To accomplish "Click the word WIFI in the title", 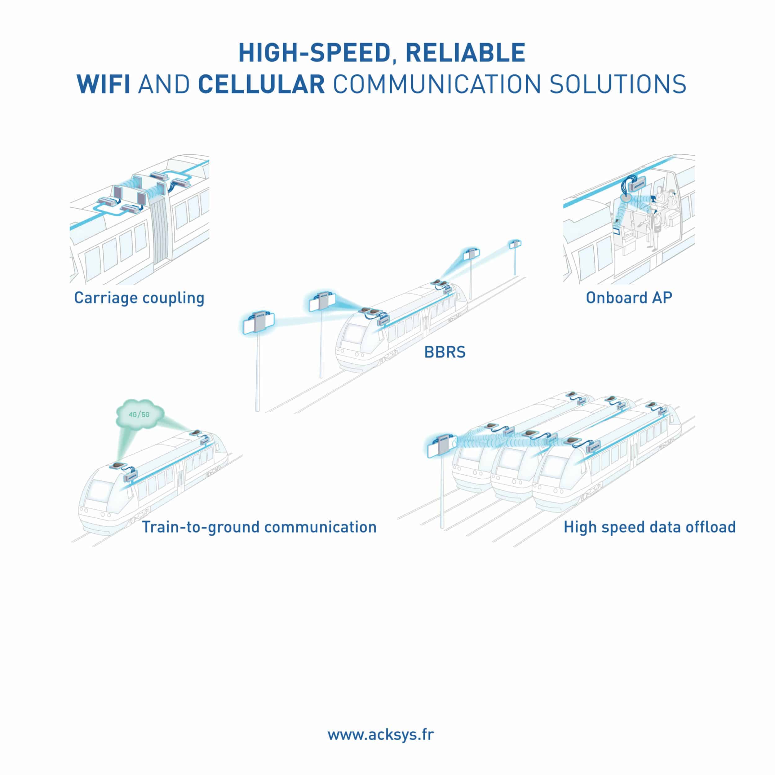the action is tap(104, 84).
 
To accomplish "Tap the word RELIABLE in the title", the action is tap(465, 53).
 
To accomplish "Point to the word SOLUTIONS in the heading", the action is tap(617, 84).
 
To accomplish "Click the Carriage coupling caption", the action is tap(139, 298).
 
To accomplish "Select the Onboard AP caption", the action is tap(629, 297).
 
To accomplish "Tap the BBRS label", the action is tap(445, 352).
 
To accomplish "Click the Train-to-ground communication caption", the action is tap(259, 527).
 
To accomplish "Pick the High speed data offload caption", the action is tap(649, 527).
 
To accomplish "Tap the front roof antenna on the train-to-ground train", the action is tap(119, 465).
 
